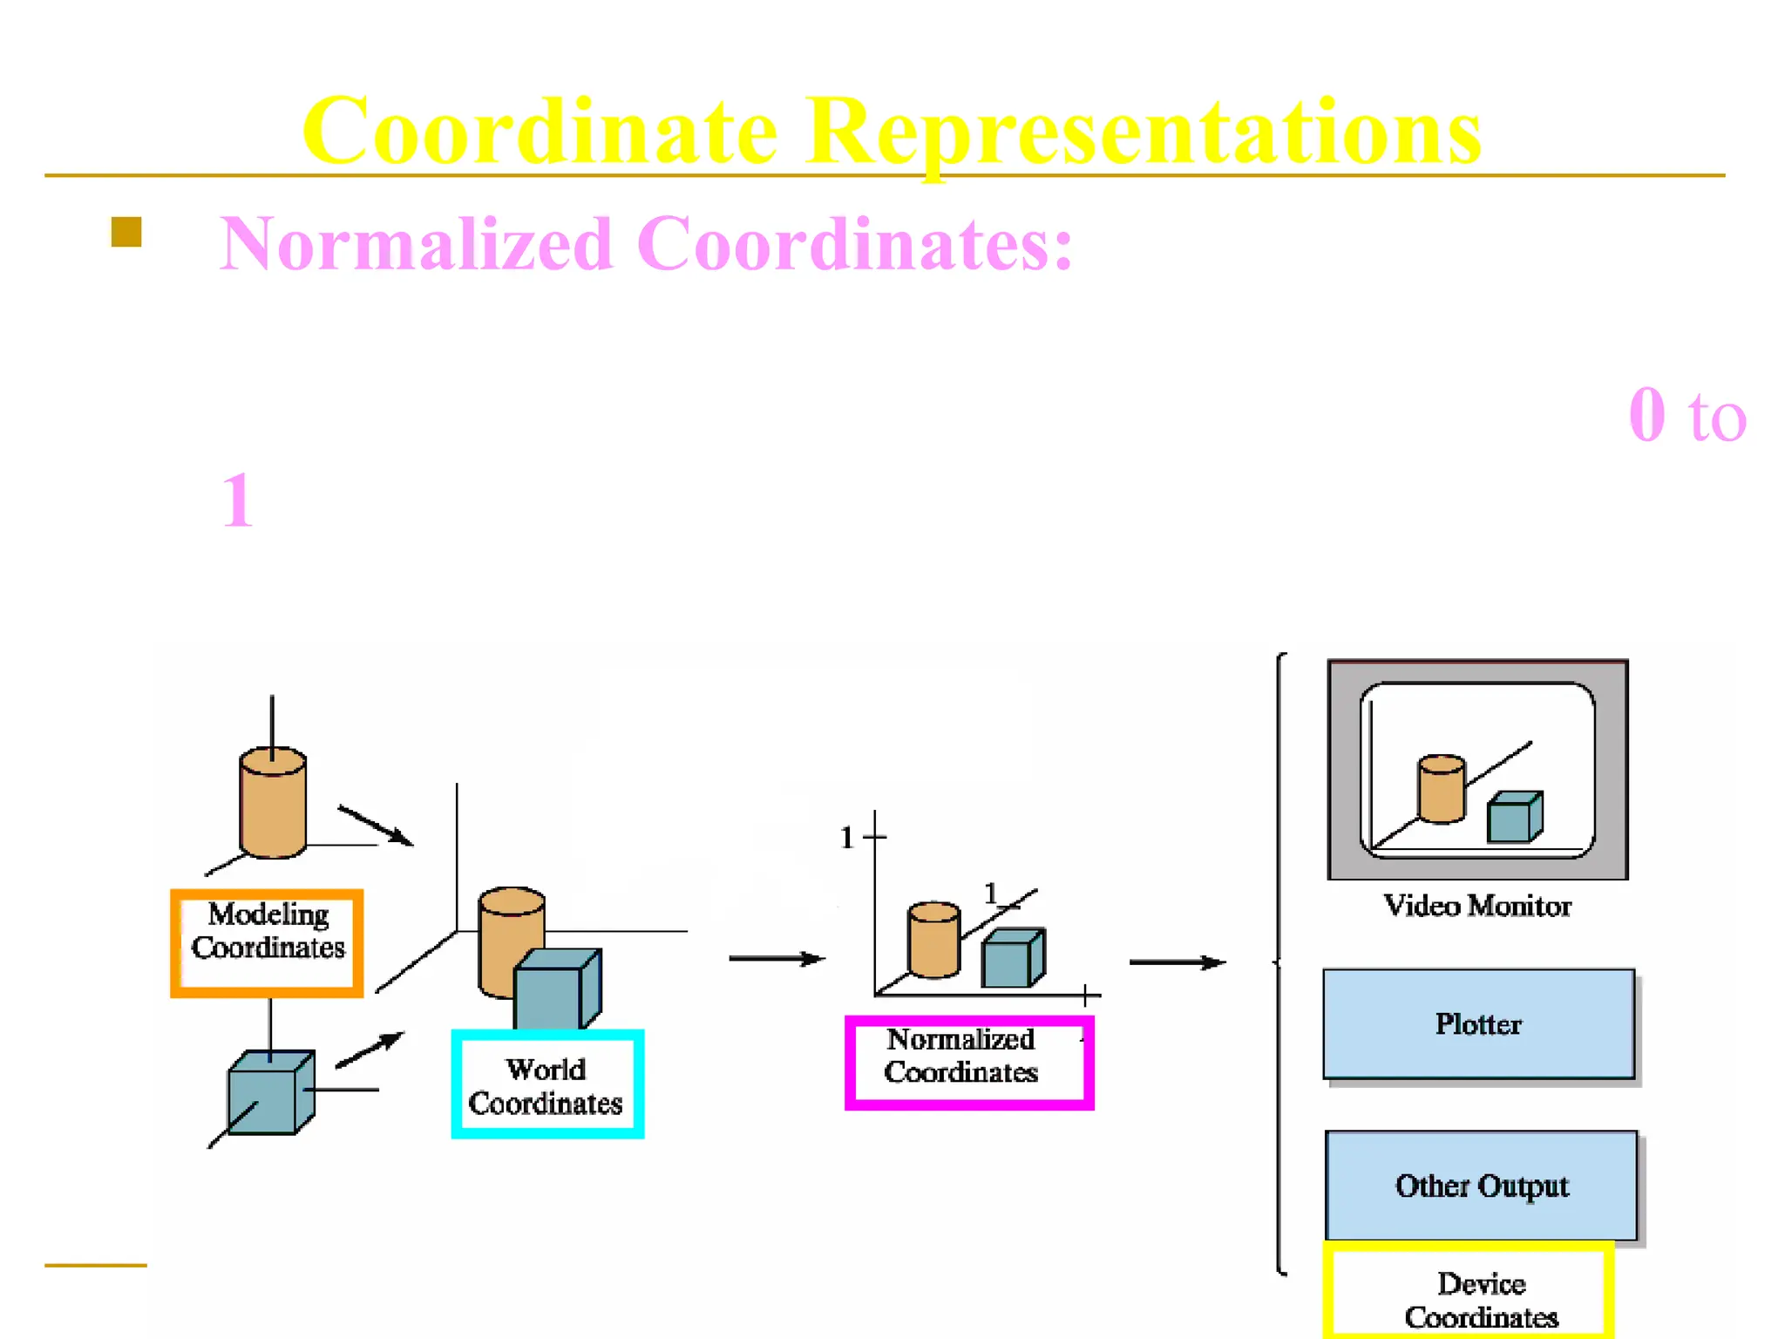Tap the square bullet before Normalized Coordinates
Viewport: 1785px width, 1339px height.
click(126, 232)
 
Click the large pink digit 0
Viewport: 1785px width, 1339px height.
click(1646, 415)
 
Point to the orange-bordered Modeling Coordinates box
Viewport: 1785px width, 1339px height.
click(268, 943)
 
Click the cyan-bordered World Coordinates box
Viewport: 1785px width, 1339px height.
click(547, 1084)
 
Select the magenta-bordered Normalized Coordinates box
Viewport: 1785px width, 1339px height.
click(968, 1062)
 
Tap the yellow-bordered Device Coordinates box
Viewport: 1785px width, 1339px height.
click(1469, 1292)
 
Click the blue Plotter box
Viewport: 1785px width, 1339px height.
click(1478, 1023)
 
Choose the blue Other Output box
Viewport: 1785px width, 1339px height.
click(1481, 1186)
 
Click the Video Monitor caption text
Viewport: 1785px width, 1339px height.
click(1477, 906)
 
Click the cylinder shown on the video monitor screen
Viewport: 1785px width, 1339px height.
click(1441, 789)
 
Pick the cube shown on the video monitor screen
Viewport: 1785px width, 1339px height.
click(1513, 818)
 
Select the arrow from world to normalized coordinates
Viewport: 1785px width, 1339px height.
click(776, 959)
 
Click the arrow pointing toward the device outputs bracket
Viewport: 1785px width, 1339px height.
click(1177, 962)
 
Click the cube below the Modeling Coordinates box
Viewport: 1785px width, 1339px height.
click(269, 1093)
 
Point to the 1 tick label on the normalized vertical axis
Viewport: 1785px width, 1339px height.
click(846, 838)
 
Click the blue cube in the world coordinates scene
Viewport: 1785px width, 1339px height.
click(554, 989)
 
